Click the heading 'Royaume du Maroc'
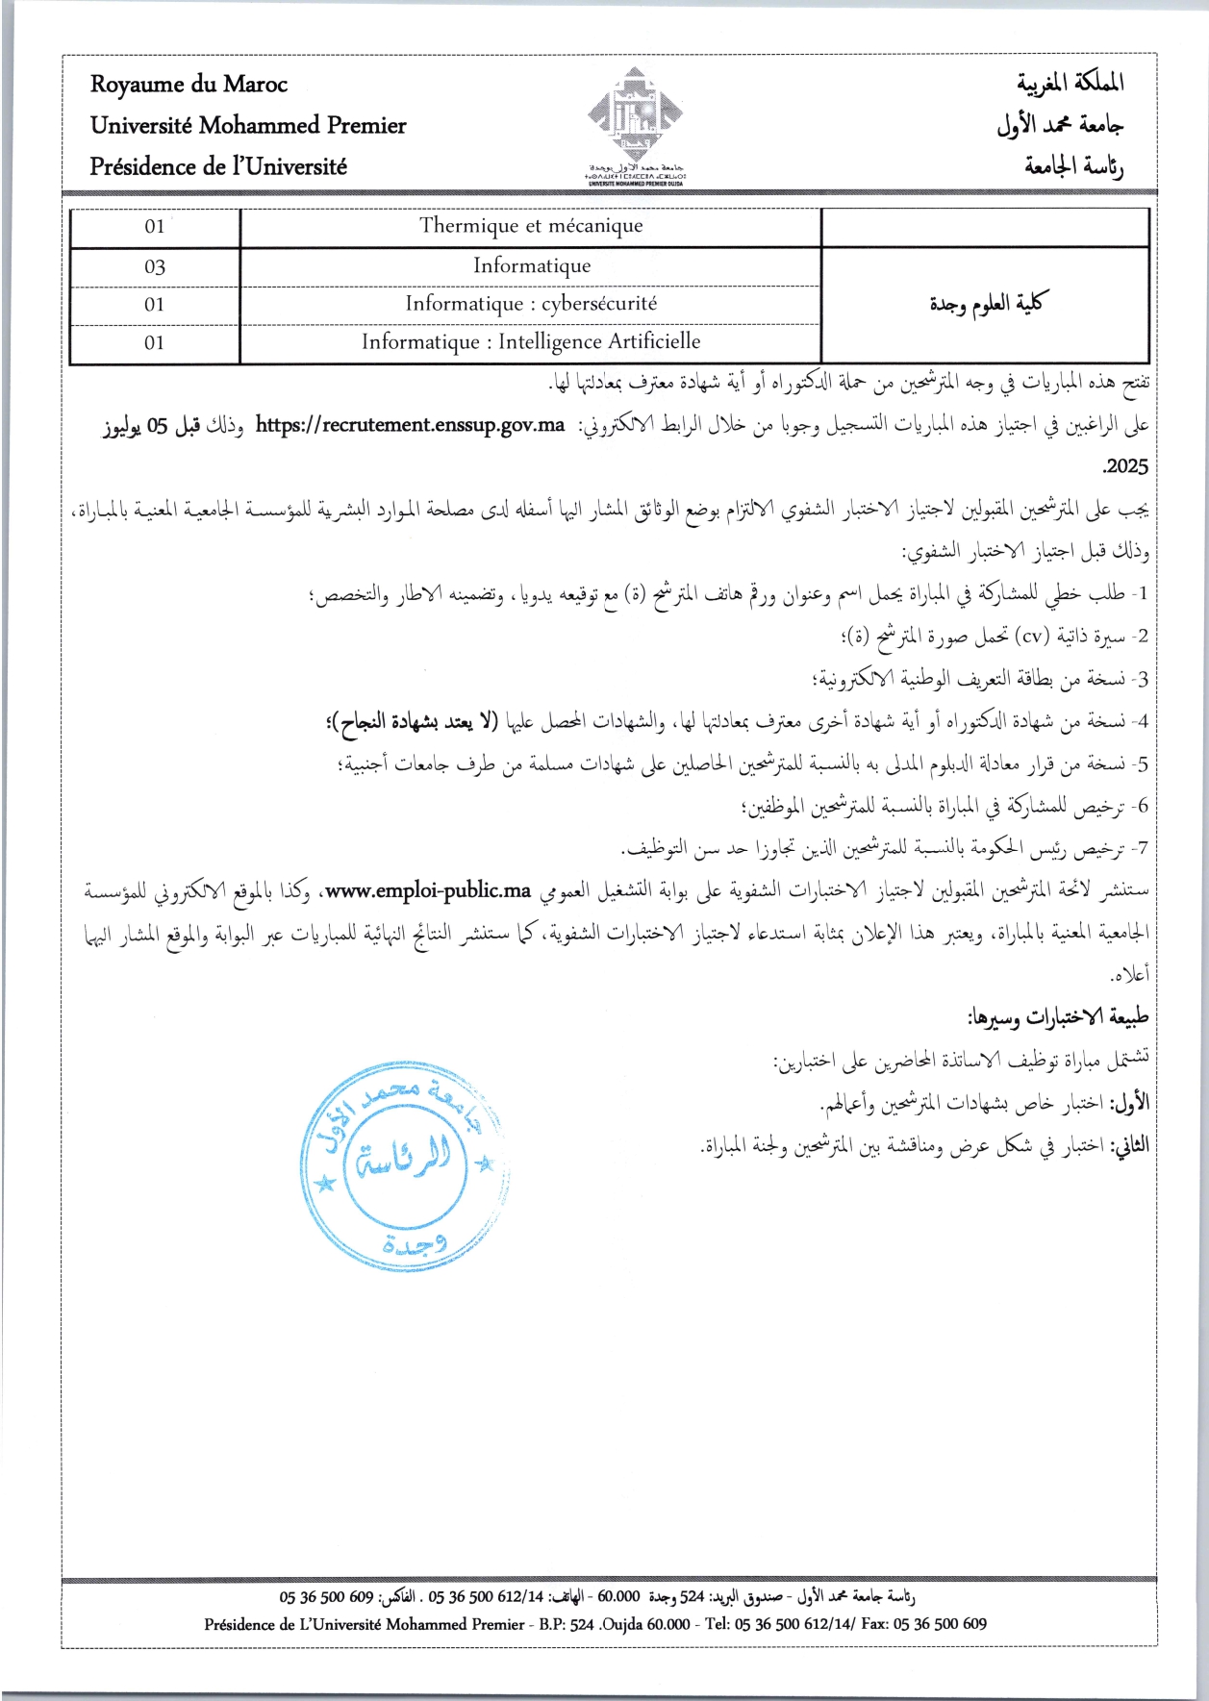pyautogui.click(x=189, y=85)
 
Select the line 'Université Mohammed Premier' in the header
pyautogui.click(x=248, y=126)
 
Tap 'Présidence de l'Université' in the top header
pyautogui.click(x=218, y=166)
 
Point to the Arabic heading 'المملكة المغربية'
pyautogui.click(x=1070, y=84)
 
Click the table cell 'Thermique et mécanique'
pyautogui.click(x=531, y=226)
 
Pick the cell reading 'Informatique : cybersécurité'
pyautogui.click(x=531, y=304)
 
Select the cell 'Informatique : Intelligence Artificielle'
pyautogui.click(x=531, y=342)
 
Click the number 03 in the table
pyautogui.click(x=155, y=266)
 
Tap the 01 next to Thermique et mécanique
pyautogui.click(x=155, y=227)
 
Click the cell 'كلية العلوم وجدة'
pyautogui.click(x=986, y=304)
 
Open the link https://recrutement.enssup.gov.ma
pyautogui.click(x=410, y=426)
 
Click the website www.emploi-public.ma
pyautogui.click(x=428, y=890)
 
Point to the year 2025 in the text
pyautogui.click(x=1124, y=466)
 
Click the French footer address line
pyautogui.click(x=594, y=1624)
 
